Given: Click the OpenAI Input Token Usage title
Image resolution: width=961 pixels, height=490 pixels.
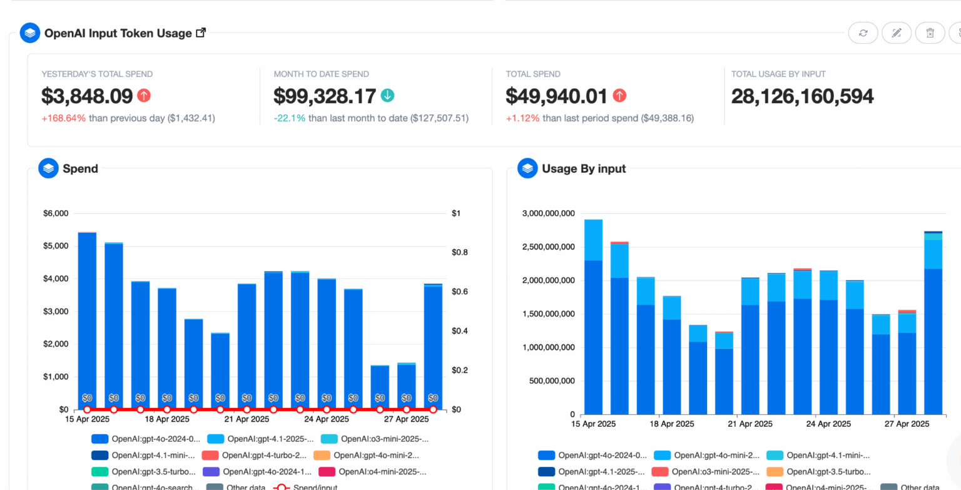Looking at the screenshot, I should [118, 33].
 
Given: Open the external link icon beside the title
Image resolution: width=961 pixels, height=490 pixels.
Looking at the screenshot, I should [201, 33].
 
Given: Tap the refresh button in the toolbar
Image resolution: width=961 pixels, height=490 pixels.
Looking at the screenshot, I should [863, 33].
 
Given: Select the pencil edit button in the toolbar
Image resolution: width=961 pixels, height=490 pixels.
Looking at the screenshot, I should [897, 33].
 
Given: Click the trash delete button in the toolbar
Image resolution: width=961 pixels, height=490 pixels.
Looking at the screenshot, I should [930, 33].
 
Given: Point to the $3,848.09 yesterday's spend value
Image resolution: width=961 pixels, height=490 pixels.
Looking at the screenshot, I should [87, 96].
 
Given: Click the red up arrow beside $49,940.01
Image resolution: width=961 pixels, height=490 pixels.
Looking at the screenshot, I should [619, 96].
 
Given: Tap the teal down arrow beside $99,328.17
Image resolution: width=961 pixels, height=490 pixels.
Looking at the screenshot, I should [388, 96].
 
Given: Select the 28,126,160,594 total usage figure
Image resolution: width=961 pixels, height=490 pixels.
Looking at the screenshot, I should [802, 96].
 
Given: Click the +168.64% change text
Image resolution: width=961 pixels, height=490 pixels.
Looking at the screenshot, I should [63, 118].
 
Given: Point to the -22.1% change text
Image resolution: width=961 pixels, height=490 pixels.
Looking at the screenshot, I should [289, 118].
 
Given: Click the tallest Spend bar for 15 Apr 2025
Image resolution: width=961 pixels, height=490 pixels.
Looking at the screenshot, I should [87, 319].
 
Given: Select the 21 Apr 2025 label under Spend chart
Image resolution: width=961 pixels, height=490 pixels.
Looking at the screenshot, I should [247, 419].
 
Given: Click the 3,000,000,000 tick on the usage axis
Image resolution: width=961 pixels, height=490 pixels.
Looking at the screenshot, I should [547, 213].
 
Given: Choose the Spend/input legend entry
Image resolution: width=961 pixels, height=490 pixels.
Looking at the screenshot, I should [307, 487].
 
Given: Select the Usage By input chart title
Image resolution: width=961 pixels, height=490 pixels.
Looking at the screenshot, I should [583, 168].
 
